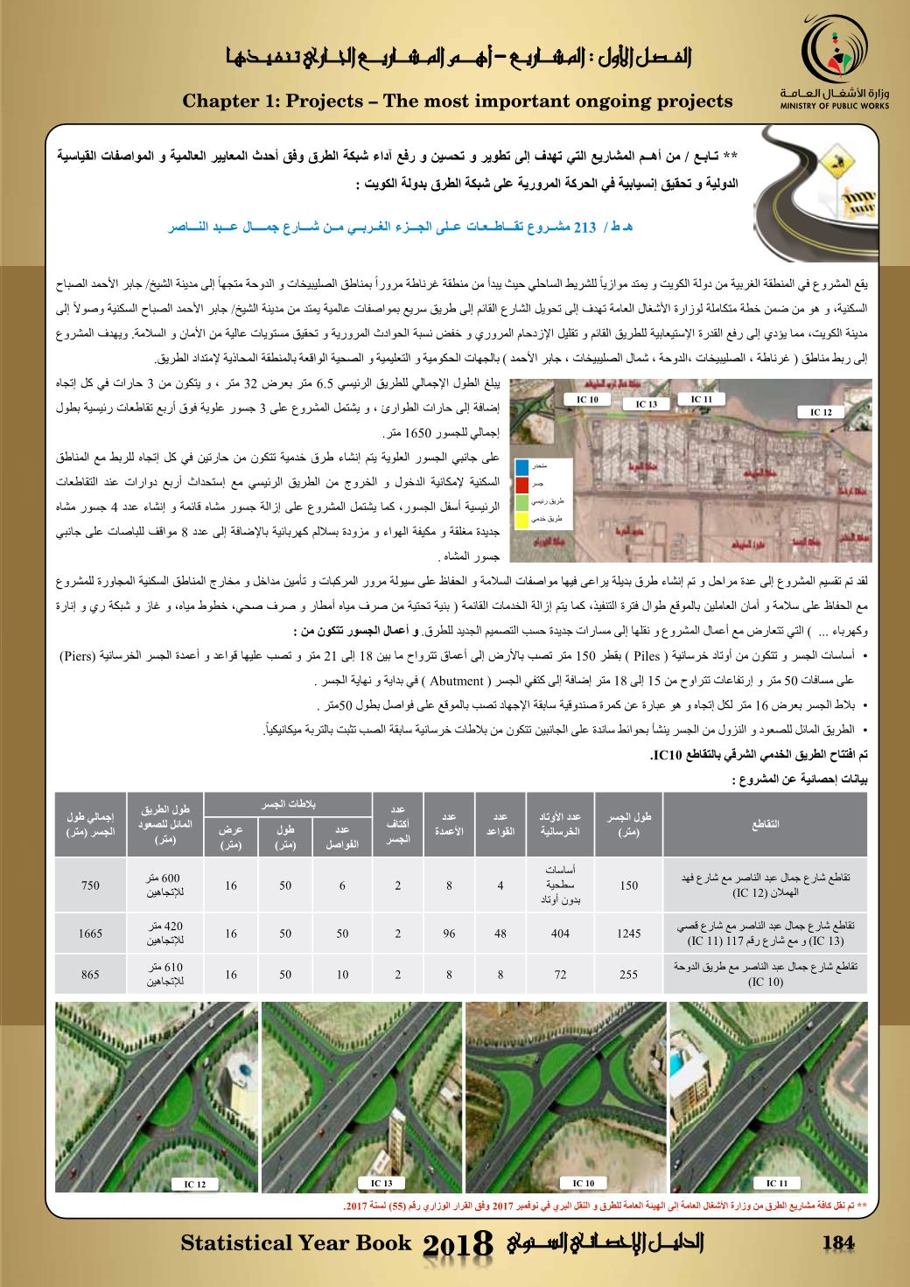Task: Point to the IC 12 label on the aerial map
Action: (x=822, y=411)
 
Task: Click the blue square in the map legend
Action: (x=522, y=467)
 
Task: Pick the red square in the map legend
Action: (x=522, y=484)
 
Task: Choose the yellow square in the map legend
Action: (x=522, y=519)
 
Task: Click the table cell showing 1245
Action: (x=629, y=934)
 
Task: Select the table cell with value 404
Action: (x=561, y=934)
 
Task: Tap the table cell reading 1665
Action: (x=91, y=934)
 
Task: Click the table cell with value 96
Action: (x=449, y=934)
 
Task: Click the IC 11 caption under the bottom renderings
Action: (x=776, y=1183)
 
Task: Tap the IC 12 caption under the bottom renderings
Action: (x=195, y=1185)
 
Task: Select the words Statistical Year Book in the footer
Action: (x=295, y=1243)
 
